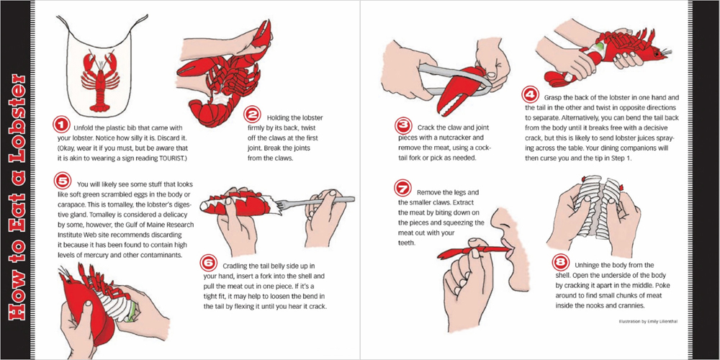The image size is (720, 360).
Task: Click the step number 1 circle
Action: point(61,124)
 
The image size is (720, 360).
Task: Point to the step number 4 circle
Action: point(530,96)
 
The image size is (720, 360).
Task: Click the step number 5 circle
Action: point(61,179)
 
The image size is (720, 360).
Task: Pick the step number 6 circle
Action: point(209,263)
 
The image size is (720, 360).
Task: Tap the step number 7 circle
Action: point(402,188)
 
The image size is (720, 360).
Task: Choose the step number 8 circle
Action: point(561,262)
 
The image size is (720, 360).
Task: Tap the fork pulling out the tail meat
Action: point(318,202)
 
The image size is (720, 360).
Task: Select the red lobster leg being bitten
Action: point(474,251)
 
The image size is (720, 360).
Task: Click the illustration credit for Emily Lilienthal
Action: point(648,321)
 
